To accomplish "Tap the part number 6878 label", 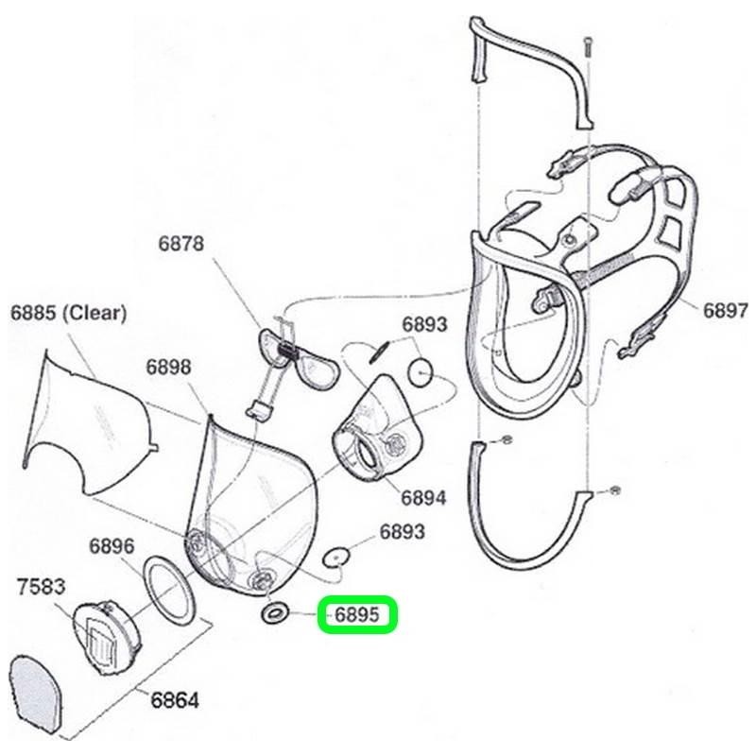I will (180, 244).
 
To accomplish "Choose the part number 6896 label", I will (112, 546).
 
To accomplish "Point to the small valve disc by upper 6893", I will (422, 371).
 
